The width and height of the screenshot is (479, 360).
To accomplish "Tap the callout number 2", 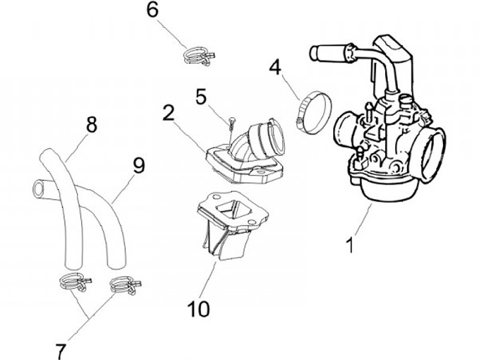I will (168, 111).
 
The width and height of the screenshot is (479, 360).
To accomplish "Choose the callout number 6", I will (152, 10).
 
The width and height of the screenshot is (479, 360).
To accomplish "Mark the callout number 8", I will (92, 124).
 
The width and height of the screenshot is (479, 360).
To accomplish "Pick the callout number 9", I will (138, 165).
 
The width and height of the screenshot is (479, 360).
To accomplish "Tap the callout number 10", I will (199, 308).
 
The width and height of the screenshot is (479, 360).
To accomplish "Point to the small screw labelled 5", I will (231, 122).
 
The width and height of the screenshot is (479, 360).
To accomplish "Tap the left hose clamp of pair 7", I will (71, 283).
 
